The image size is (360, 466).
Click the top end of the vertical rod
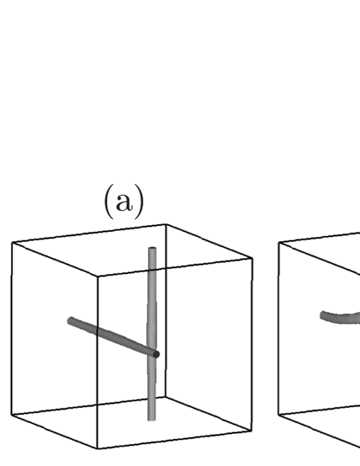click(x=152, y=249)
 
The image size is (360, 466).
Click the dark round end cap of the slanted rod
click(x=156, y=355)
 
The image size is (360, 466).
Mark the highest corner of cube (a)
click(x=166, y=224)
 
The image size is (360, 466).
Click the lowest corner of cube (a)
click(x=98, y=449)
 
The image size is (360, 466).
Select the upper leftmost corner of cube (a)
click(x=12, y=242)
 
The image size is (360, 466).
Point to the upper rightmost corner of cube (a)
click(x=252, y=258)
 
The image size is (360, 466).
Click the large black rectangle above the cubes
click(x=180, y=92)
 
